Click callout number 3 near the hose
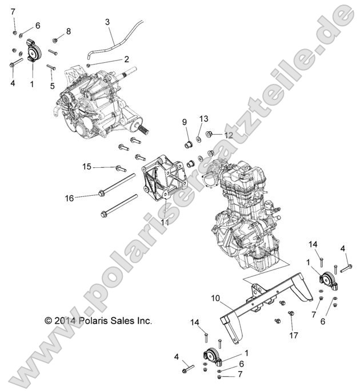click(107, 22)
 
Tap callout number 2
click(126, 59)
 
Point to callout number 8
click(69, 31)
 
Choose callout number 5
click(52, 86)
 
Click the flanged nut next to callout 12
click(210, 135)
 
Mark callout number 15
click(87, 167)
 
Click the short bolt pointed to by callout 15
click(121, 168)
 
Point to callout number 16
click(70, 198)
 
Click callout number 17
click(295, 335)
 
